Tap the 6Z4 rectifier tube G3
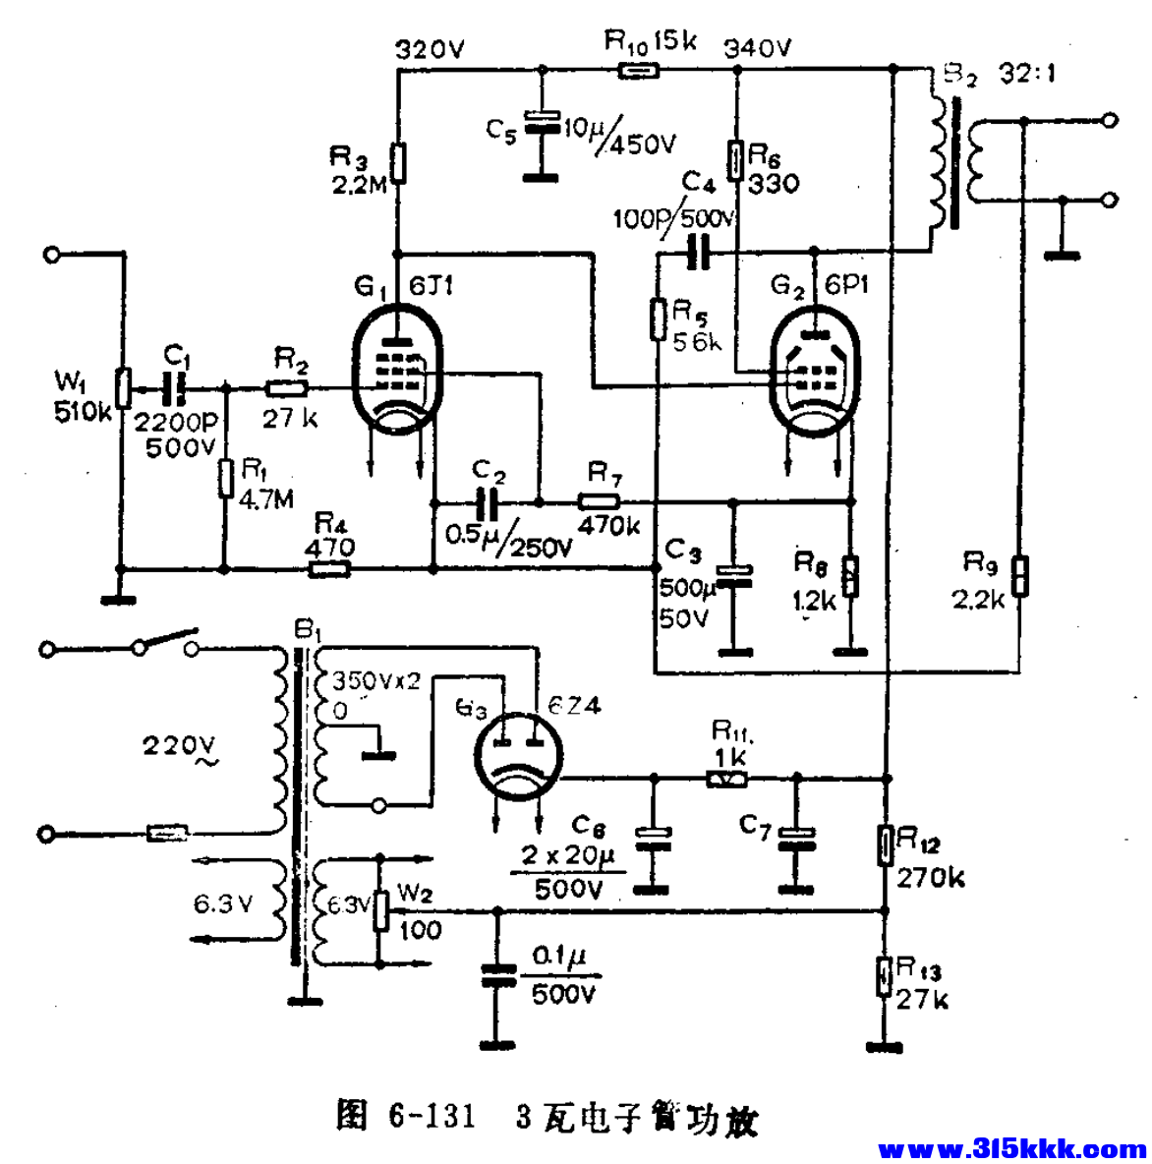point(516,757)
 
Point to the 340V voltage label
point(757,47)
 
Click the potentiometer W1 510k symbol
point(123,387)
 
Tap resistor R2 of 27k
point(289,387)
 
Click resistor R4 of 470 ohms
point(330,568)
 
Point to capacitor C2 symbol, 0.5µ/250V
point(488,502)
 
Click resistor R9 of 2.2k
point(1022,576)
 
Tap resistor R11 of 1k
point(727,779)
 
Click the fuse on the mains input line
point(168,835)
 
